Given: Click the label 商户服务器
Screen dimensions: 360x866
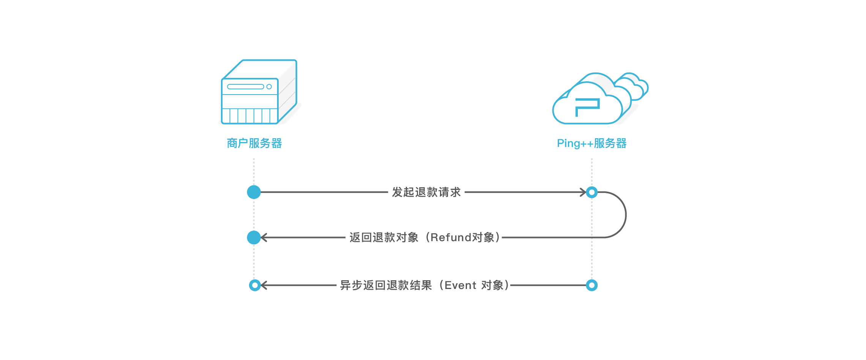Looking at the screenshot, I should (254, 143).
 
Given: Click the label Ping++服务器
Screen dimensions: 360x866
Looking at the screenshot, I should (591, 143).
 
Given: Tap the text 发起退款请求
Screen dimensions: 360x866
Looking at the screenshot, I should (426, 192).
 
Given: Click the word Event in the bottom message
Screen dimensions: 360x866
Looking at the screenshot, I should (460, 285).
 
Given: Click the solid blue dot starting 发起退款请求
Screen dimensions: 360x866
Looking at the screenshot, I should (254, 192).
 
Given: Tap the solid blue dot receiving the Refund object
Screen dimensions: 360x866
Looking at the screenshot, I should (254, 237).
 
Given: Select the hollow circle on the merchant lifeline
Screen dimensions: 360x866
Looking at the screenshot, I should (255, 285).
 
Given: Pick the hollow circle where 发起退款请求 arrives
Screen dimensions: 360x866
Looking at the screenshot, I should (592, 192).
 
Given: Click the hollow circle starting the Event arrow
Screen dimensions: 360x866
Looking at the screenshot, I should (592, 285).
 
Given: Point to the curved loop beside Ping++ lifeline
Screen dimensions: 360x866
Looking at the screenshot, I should (625, 215).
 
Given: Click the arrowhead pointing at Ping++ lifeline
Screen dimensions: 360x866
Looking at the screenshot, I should (583, 192).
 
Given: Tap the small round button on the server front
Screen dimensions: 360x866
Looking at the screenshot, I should (269, 87).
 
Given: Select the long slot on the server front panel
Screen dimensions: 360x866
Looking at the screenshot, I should (245, 87).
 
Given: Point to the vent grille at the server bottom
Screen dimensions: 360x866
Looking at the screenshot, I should (249, 116).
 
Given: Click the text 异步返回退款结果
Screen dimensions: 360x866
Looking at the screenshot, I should (386, 285).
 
